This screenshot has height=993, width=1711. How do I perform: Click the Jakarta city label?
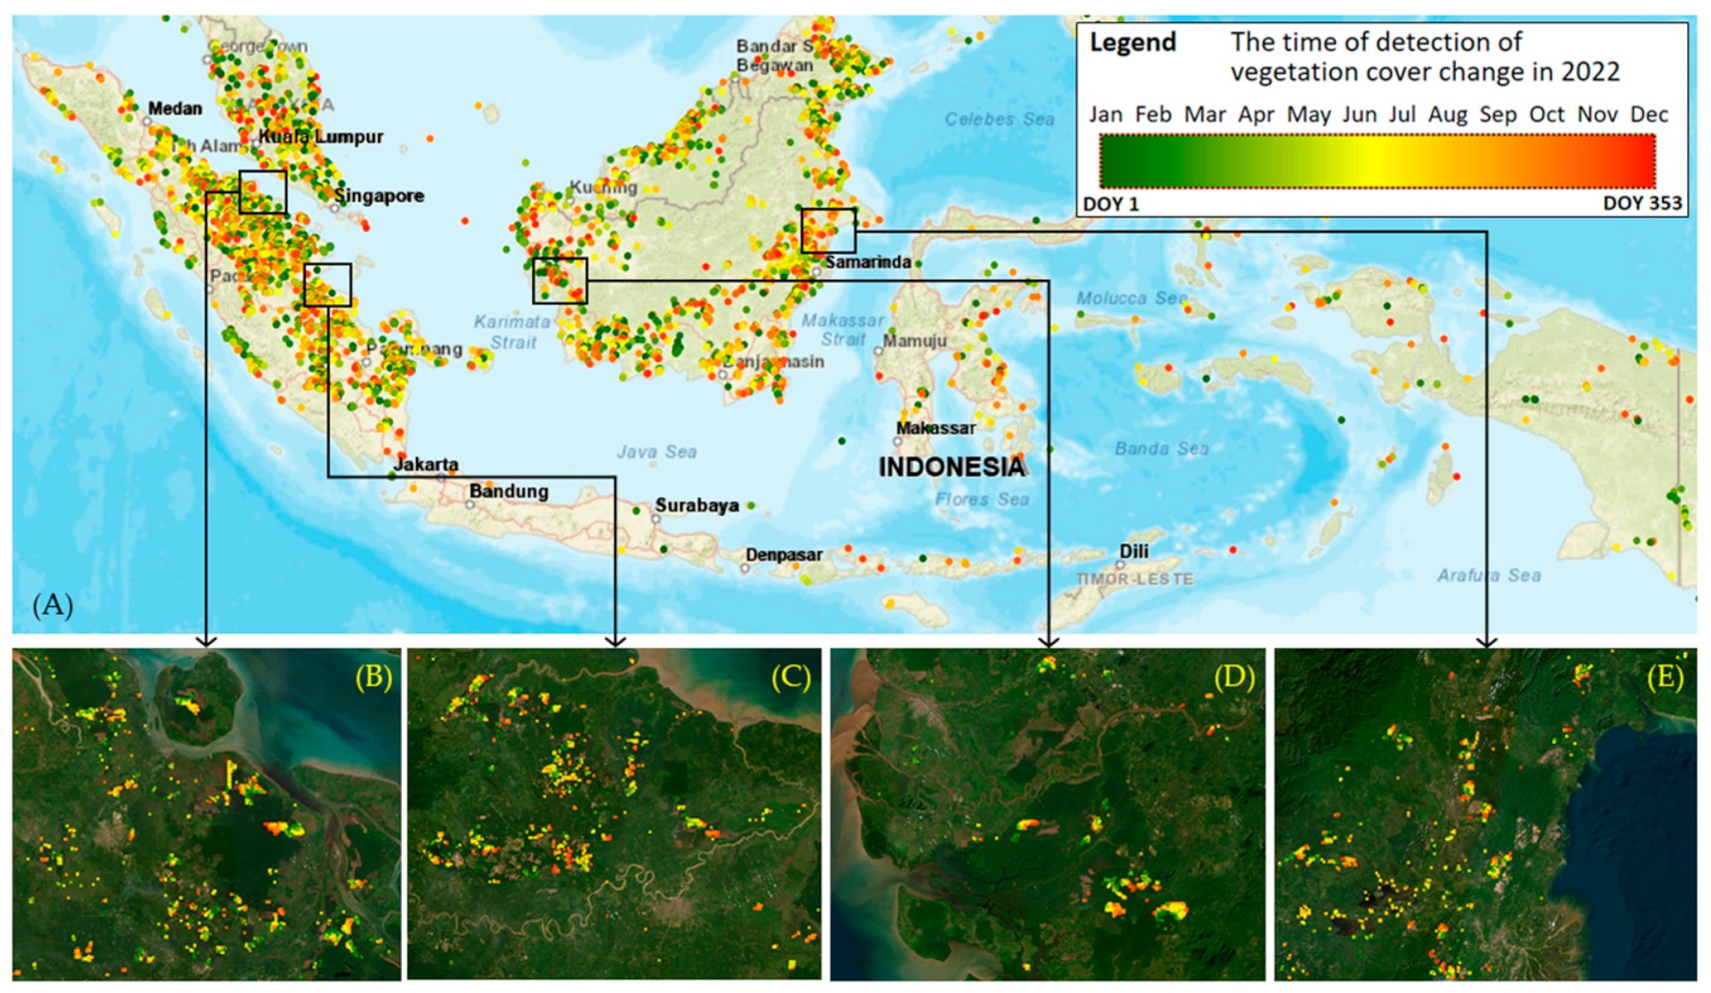[x=426, y=464]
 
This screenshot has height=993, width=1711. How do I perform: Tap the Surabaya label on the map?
[x=697, y=505]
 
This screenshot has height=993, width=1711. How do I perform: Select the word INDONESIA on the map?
[x=951, y=467]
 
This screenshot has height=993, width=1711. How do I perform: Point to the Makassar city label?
[x=936, y=428]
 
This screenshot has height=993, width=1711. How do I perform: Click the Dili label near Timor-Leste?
[x=1134, y=552]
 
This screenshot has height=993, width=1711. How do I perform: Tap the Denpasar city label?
[x=784, y=555]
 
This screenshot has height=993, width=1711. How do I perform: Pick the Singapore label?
[x=379, y=196]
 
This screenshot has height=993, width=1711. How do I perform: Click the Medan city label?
[x=175, y=109]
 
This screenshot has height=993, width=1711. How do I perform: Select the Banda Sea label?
[x=1162, y=449]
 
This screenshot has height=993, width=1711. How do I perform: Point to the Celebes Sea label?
[x=999, y=120]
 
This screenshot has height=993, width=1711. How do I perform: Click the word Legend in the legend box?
[x=1133, y=43]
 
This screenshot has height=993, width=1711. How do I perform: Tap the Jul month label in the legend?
[x=1402, y=115]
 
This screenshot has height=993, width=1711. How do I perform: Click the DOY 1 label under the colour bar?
[x=1111, y=204]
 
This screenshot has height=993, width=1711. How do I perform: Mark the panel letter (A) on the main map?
[x=53, y=605]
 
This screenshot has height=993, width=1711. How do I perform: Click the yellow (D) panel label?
[x=1234, y=677]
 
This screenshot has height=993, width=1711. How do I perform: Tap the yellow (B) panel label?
[x=374, y=677]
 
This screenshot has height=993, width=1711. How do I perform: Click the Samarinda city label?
[x=867, y=263]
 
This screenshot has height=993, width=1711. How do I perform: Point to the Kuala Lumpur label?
[x=321, y=137]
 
